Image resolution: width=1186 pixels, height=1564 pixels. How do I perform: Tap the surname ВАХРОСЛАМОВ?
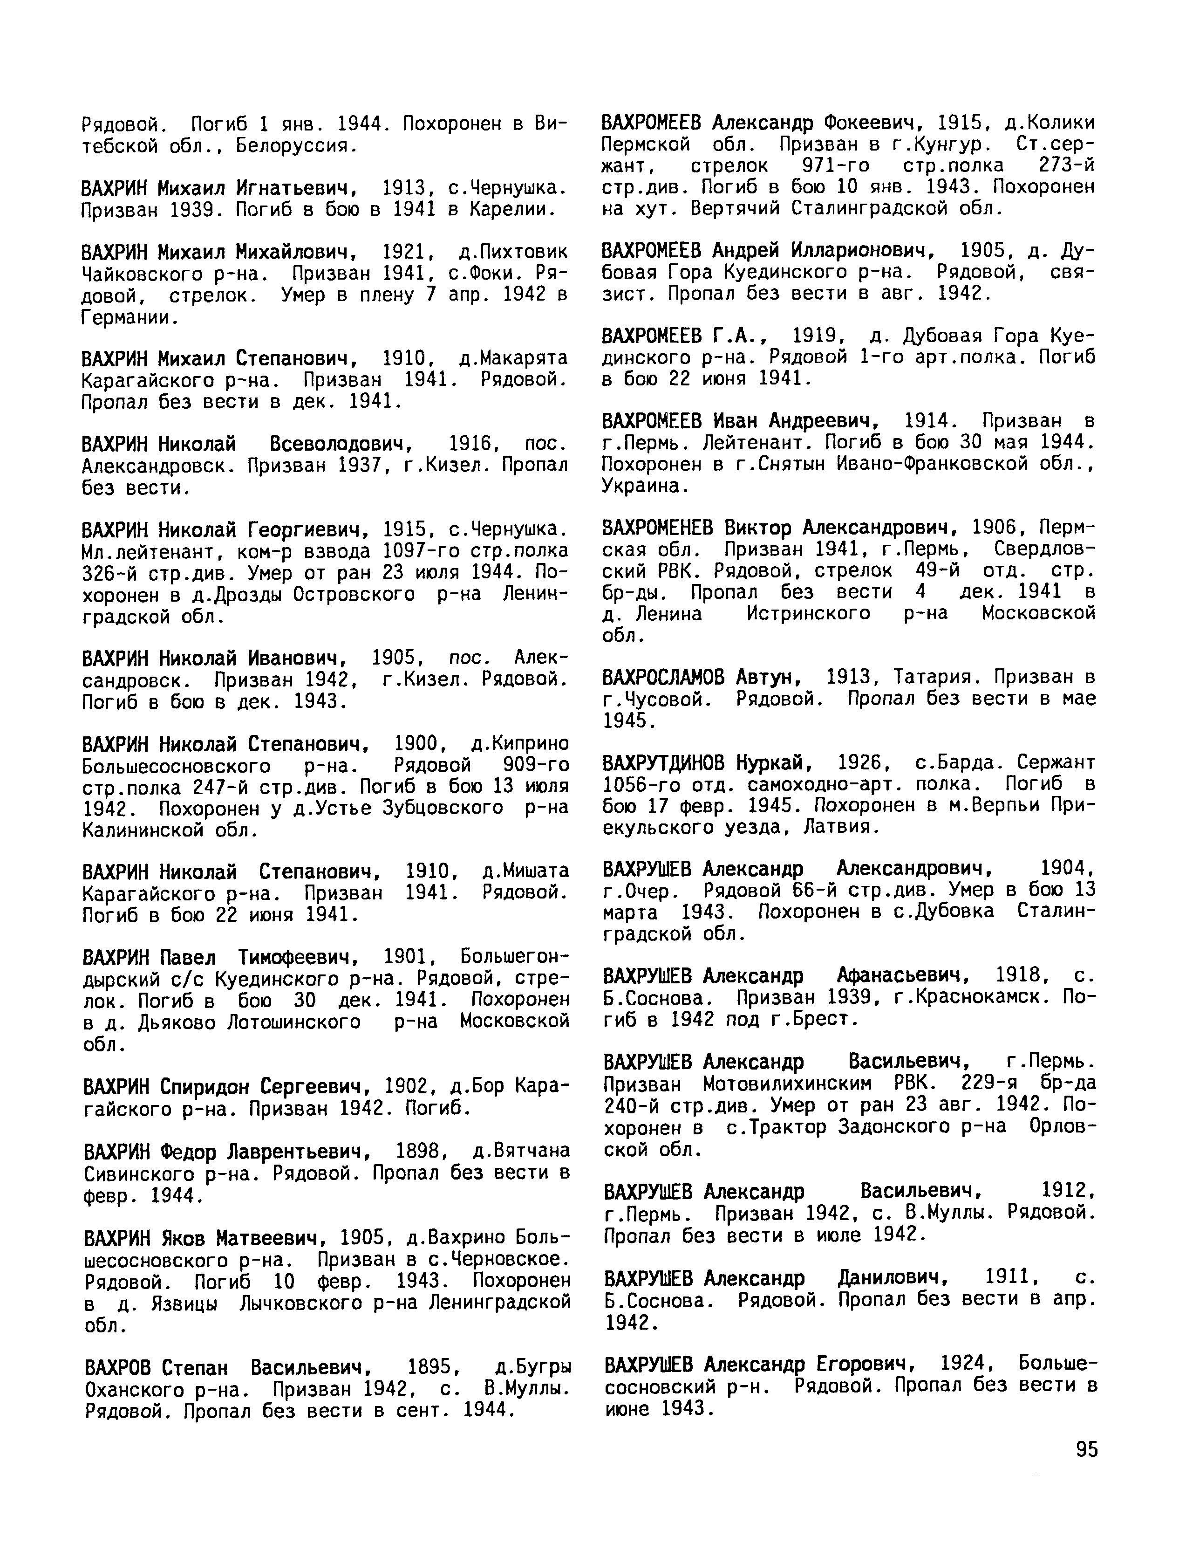[x=663, y=677]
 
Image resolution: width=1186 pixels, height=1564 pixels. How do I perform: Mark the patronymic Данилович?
[x=892, y=1278]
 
